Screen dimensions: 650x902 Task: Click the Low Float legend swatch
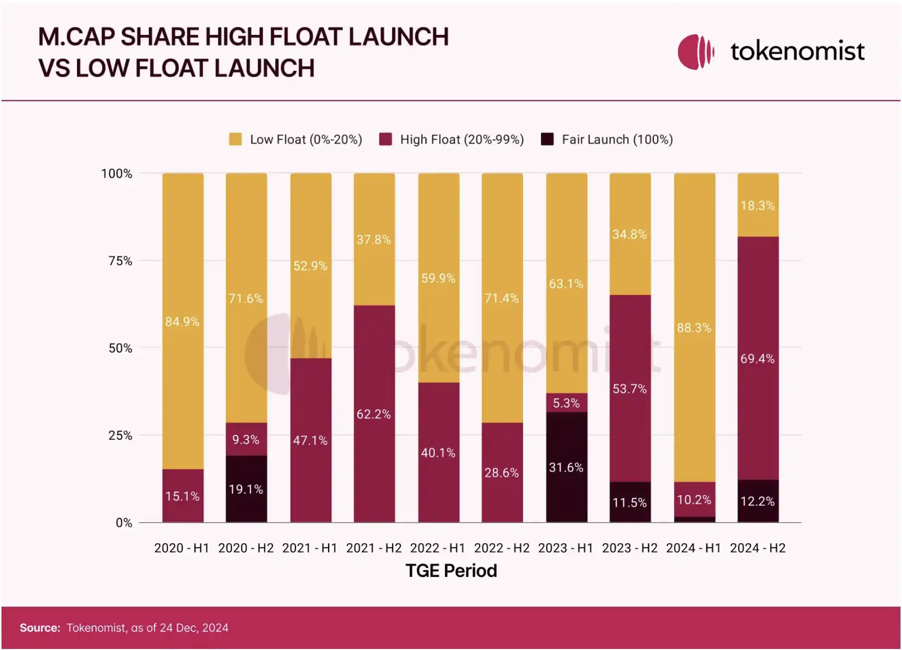(235, 140)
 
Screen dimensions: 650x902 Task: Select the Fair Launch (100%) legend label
(617, 140)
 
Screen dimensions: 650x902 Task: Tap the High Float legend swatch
(386, 140)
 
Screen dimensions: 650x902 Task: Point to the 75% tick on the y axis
(120, 261)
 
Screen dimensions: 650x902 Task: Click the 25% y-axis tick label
(120, 436)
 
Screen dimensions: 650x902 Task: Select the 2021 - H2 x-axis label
(374, 548)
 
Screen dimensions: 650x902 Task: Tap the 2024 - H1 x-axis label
(694, 548)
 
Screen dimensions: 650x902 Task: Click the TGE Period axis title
(451, 571)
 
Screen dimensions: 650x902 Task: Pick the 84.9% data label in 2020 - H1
(182, 322)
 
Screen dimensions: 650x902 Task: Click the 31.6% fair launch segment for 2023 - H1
(566, 467)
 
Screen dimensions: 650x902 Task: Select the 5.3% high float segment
(566, 403)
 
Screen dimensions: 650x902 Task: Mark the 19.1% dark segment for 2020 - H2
(246, 489)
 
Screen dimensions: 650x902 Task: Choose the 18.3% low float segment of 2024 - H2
(758, 205)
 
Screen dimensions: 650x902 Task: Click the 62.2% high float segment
(374, 414)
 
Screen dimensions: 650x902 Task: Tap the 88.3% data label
(694, 328)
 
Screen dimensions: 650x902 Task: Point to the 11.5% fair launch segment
(630, 502)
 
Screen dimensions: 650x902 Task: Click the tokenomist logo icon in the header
(696, 51)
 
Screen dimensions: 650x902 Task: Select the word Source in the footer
(40, 628)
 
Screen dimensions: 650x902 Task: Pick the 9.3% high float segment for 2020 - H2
(246, 439)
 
